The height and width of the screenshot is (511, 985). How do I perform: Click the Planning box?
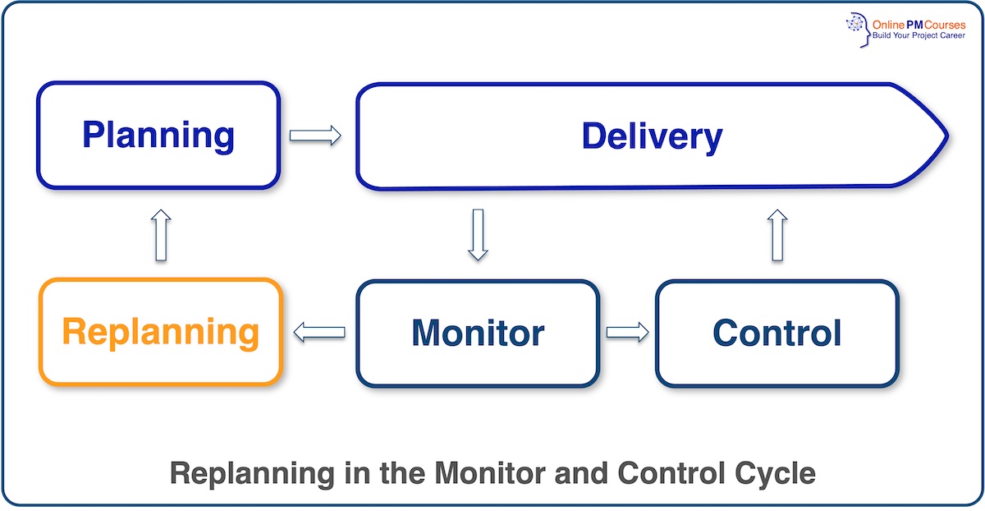pos(158,136)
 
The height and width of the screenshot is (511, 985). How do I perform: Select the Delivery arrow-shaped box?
pos(651,136)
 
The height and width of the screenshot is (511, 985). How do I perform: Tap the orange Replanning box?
pos(161,332)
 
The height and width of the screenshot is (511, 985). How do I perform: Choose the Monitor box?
pos(478,333)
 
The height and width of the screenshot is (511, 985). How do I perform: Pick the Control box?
pos(777,333)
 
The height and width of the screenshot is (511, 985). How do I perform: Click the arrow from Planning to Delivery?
pos(316,136)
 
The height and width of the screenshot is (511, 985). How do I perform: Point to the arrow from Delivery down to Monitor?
pos(478,235)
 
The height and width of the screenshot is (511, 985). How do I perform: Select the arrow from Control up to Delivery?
pos(777,235)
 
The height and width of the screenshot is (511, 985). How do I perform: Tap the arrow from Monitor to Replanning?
pos(319,333)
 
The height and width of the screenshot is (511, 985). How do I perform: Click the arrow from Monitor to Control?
pos(627,333)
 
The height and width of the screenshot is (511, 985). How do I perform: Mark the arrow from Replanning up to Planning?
pos(161,235)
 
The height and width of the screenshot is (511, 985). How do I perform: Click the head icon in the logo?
pos(859,30)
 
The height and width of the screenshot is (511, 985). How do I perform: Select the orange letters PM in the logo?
pos(917,23)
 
